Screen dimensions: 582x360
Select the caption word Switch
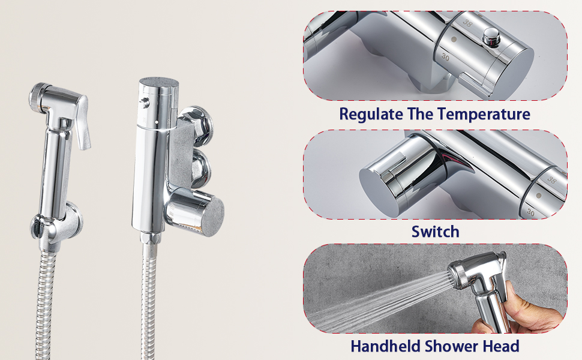click(x=435, y=232)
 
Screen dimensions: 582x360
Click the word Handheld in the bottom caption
click(x=386, y=346)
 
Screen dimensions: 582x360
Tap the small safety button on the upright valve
click(x=145, y=103)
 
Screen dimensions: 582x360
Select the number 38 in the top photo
click(x=467, y=23)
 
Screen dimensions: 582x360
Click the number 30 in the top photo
click(x=445, y=57)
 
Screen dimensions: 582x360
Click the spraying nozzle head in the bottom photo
click(x=457, y=275)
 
